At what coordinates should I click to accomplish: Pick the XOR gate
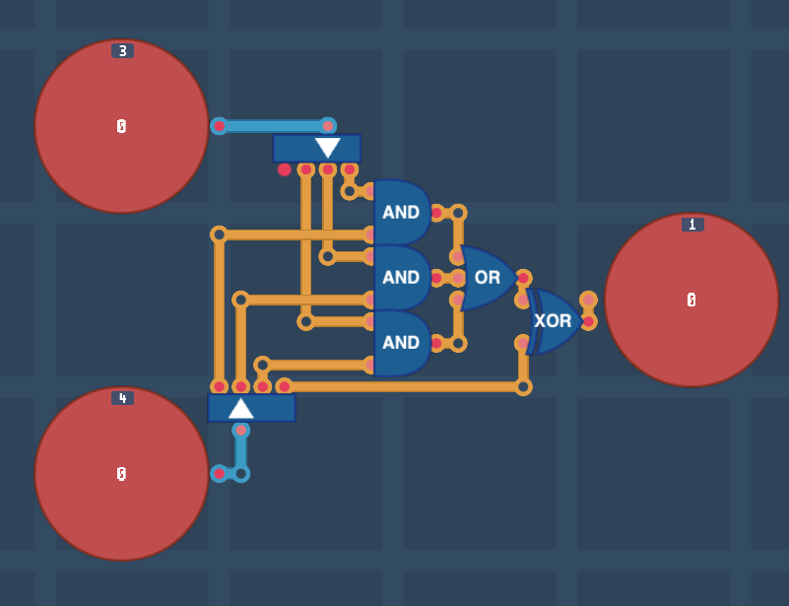point(554,321)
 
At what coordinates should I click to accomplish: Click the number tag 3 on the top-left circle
point(122,51)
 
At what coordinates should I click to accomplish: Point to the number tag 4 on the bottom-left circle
point(122,398)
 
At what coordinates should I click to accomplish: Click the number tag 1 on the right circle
point(691,225)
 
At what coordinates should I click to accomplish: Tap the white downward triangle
point(328,148)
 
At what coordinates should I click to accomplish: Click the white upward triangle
point(241,407)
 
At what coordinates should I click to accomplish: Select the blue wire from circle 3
point(273,126)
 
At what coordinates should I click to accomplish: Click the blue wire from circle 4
point(240,454)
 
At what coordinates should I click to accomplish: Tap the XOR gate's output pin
point(588,321)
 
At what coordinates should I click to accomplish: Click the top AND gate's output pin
point(436,213)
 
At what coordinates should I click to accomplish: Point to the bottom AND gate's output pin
point(436,343)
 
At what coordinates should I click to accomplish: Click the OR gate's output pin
point(522,278)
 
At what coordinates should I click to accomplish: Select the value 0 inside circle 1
point(691,300)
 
